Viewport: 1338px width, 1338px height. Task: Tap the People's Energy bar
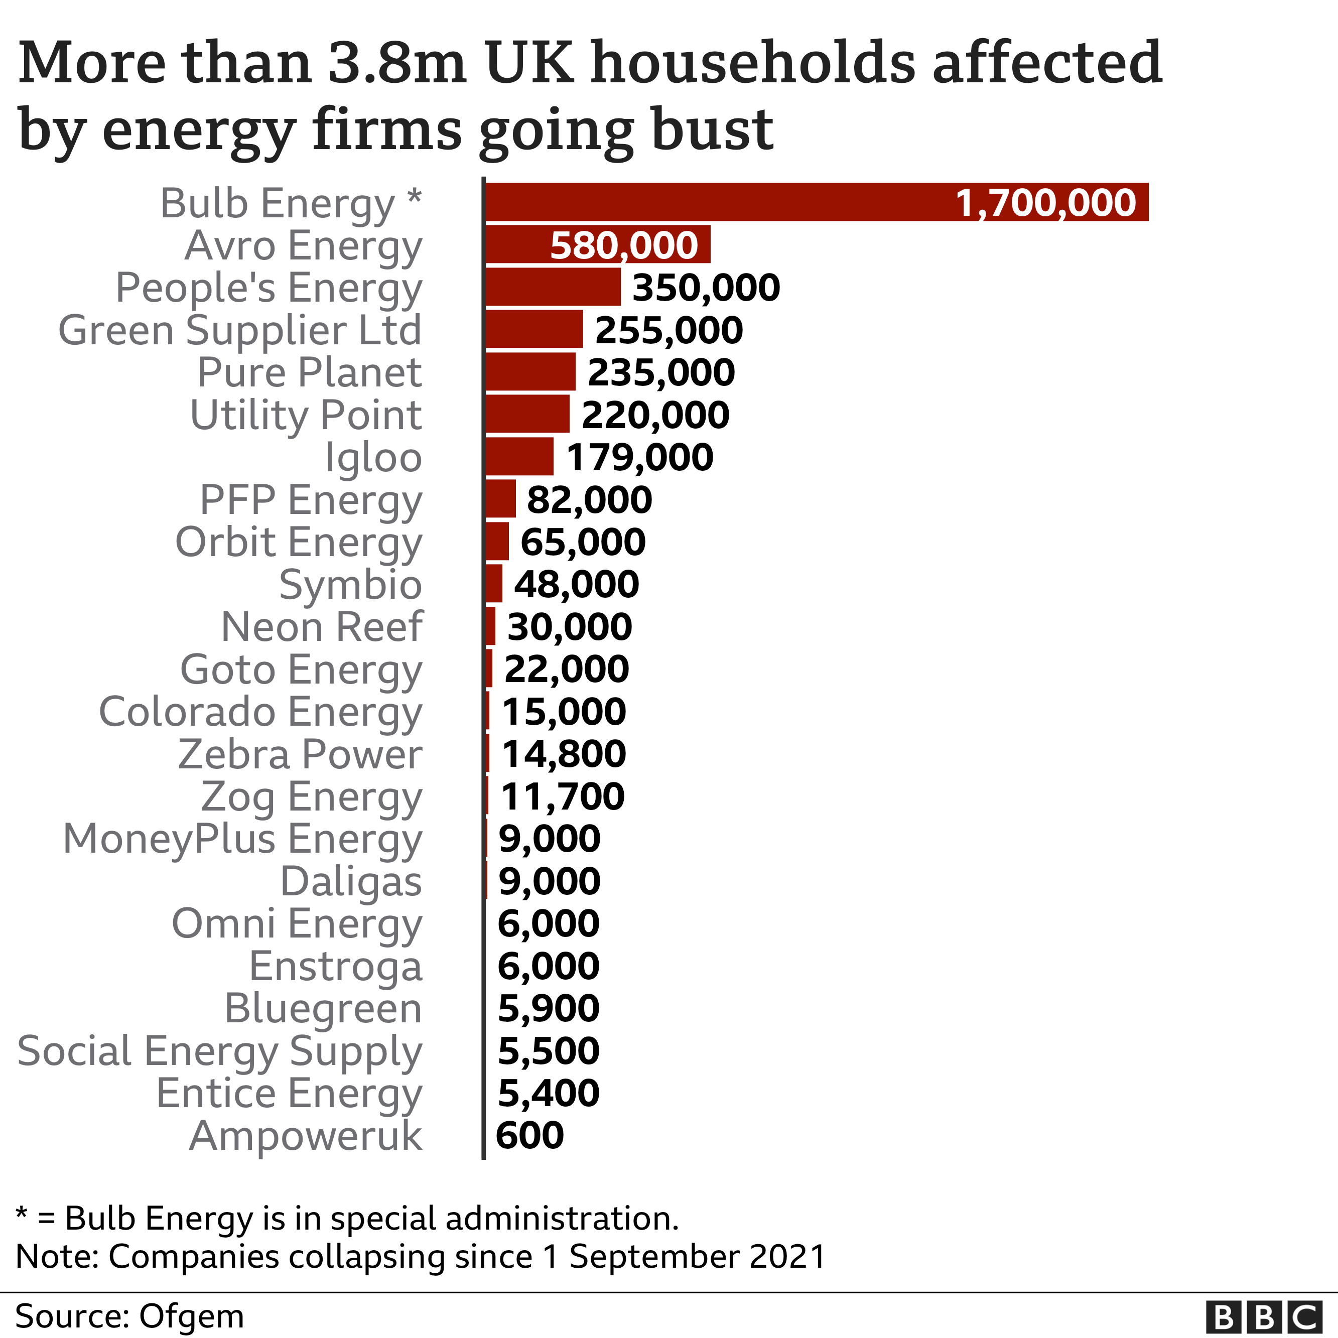[553, 287]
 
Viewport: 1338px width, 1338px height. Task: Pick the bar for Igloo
[519, 456]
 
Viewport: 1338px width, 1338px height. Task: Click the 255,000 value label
[669, 330]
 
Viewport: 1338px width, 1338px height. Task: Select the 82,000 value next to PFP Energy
[589, 499]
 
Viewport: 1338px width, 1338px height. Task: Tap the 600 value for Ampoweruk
[530, 1135]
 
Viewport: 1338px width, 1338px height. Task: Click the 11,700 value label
[562, 796]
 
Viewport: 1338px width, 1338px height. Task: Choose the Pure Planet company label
[310, 372]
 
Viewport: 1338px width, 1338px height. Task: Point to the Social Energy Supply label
[219, 1051]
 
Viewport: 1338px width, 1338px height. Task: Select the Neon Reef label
[321, 627]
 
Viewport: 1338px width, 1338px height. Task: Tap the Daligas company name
[351, 882]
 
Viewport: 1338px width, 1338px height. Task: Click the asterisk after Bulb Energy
[414, 197]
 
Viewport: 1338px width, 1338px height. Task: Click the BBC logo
[1264, 1316]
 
